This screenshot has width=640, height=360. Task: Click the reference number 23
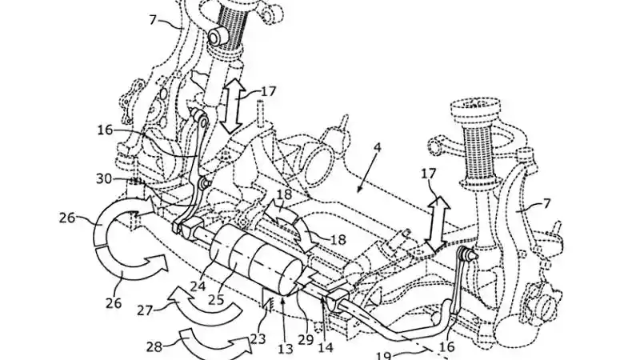(258, 339)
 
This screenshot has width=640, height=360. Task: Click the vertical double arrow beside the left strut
(232, 105)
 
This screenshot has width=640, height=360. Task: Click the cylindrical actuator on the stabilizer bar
(254, 260)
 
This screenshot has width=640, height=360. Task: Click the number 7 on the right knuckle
(546, 203)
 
